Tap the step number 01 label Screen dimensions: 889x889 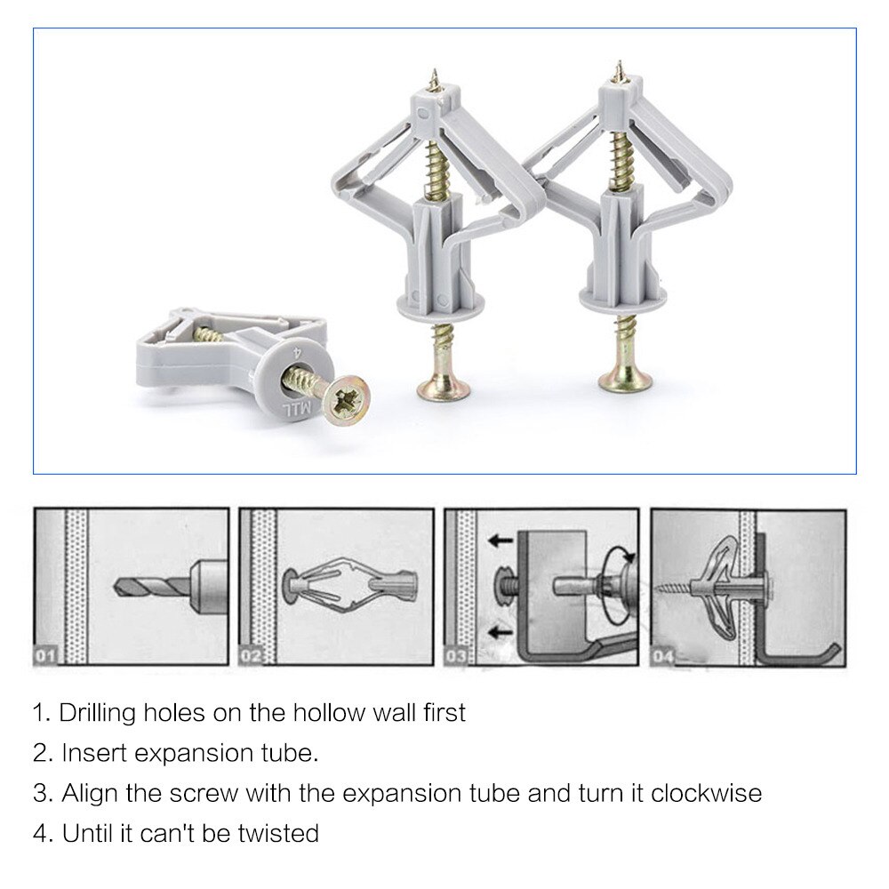[x=45, y=658]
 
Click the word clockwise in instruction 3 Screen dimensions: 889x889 [x=706, y=793]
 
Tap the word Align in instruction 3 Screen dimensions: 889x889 [x=86, y=793]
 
